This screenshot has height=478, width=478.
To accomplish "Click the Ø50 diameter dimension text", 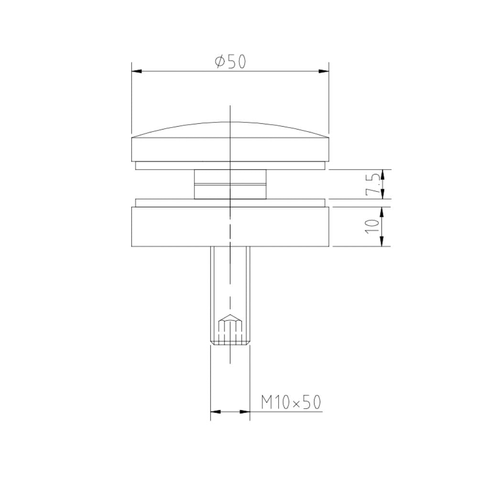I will [x=230, y=62].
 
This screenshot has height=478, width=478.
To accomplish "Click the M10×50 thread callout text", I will [x=290, y=402].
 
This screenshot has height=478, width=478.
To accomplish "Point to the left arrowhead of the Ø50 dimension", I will [x=137, y=72].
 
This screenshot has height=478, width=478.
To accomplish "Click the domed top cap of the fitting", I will [x=230, y=143].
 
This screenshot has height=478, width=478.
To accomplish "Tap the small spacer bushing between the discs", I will [x=230, y=184].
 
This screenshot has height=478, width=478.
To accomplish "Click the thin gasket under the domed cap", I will [x=230, y=165].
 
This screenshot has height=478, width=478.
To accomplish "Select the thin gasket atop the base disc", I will [x=230, y=203].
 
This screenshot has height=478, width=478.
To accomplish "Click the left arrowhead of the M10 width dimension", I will [x=216, y=411].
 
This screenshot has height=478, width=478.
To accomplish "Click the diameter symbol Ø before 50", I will [x=220, y=62].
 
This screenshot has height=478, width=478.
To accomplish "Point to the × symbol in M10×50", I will [x=296, y=403].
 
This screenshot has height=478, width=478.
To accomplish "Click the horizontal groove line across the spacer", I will [x=230, y=183].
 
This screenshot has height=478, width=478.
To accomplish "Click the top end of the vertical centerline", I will [x=230, y=106].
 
